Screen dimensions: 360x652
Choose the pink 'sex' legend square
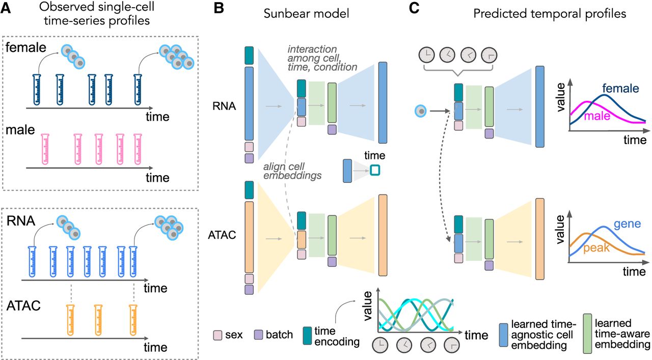(x=219, y=335)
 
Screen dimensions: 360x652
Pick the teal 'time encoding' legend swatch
(x=307, y=335)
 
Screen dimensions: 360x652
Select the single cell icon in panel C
(x=421, y=109)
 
